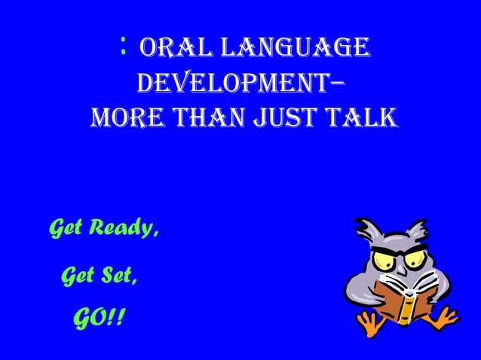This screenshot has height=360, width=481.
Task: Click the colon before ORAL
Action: tap(122, 47)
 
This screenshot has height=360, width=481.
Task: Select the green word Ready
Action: tap(126, 227)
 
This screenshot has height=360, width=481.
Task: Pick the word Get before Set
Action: tap(75, 276)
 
